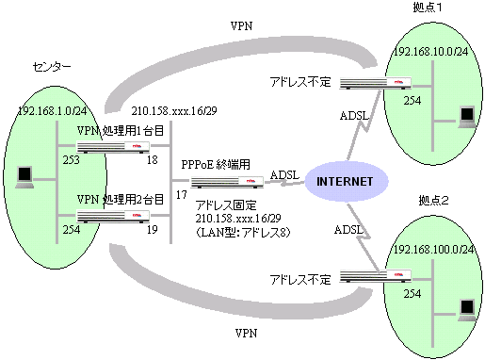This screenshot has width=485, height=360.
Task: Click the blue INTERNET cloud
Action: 346,181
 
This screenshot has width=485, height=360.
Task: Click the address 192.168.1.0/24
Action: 52,110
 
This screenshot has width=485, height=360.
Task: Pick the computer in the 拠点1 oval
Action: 463,116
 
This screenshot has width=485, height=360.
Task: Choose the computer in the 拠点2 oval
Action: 463,308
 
